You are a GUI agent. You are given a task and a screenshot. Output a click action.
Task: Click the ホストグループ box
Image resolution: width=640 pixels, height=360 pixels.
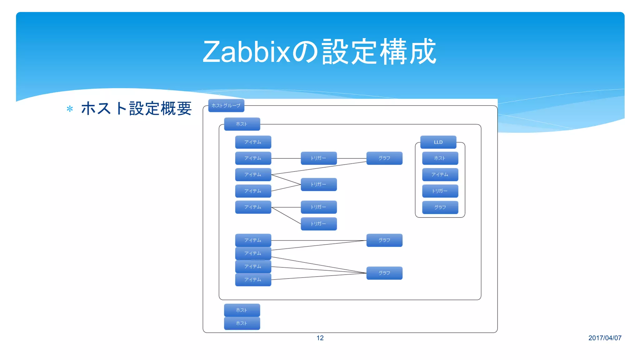(226, 106)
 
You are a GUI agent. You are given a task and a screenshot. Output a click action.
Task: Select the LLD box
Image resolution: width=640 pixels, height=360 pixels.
(438, 142)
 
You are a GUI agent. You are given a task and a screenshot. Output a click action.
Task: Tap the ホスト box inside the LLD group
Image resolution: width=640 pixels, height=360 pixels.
(440, 158)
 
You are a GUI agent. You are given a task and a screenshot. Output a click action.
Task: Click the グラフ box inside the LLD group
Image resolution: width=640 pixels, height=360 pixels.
(440, 207)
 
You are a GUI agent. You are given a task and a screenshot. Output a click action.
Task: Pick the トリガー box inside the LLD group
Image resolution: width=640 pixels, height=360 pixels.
(440, 191)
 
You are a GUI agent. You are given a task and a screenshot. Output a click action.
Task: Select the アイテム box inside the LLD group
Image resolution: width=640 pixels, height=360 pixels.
(440, 175)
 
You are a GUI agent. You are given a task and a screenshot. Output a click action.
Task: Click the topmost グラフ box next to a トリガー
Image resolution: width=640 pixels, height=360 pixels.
(384, 158)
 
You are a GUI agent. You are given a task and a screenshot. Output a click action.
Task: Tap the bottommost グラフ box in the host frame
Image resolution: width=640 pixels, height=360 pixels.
(384, 273)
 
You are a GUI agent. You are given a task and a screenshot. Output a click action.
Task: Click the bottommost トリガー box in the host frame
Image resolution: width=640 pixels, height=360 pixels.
(319, 224)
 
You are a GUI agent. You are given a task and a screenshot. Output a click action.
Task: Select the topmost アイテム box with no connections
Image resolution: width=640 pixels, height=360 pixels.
(253, 142)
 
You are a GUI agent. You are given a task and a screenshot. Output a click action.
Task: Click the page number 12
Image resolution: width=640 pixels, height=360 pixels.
(320, 338)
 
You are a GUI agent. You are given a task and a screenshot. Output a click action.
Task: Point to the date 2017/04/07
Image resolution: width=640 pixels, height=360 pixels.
(605, 338)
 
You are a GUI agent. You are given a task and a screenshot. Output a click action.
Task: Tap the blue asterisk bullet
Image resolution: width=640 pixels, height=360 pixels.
(70, 109)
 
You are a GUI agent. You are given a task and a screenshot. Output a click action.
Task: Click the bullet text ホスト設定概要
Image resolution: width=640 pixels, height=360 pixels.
(136, 108)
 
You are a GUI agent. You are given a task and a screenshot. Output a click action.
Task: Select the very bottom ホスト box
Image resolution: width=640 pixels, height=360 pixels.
(242, 323)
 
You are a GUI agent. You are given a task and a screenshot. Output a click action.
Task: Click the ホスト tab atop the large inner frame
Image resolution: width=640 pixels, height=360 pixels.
(242, 124)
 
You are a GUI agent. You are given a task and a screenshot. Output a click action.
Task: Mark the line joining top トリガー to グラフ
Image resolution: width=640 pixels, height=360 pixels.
(352, 158)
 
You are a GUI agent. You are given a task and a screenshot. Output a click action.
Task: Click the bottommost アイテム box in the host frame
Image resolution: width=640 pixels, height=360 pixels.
(253, 280)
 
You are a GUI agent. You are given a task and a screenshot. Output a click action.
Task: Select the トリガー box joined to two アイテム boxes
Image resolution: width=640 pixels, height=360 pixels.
(319, 184)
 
